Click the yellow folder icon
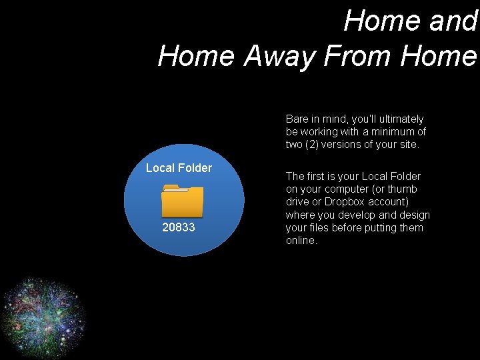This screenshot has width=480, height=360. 183,201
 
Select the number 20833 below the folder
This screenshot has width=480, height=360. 179,227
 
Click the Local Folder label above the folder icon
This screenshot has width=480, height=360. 179,168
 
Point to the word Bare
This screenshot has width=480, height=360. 297,119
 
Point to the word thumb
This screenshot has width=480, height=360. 403,189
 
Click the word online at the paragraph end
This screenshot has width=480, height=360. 301,241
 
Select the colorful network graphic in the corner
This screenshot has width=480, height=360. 43,316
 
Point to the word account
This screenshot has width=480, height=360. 389,202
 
